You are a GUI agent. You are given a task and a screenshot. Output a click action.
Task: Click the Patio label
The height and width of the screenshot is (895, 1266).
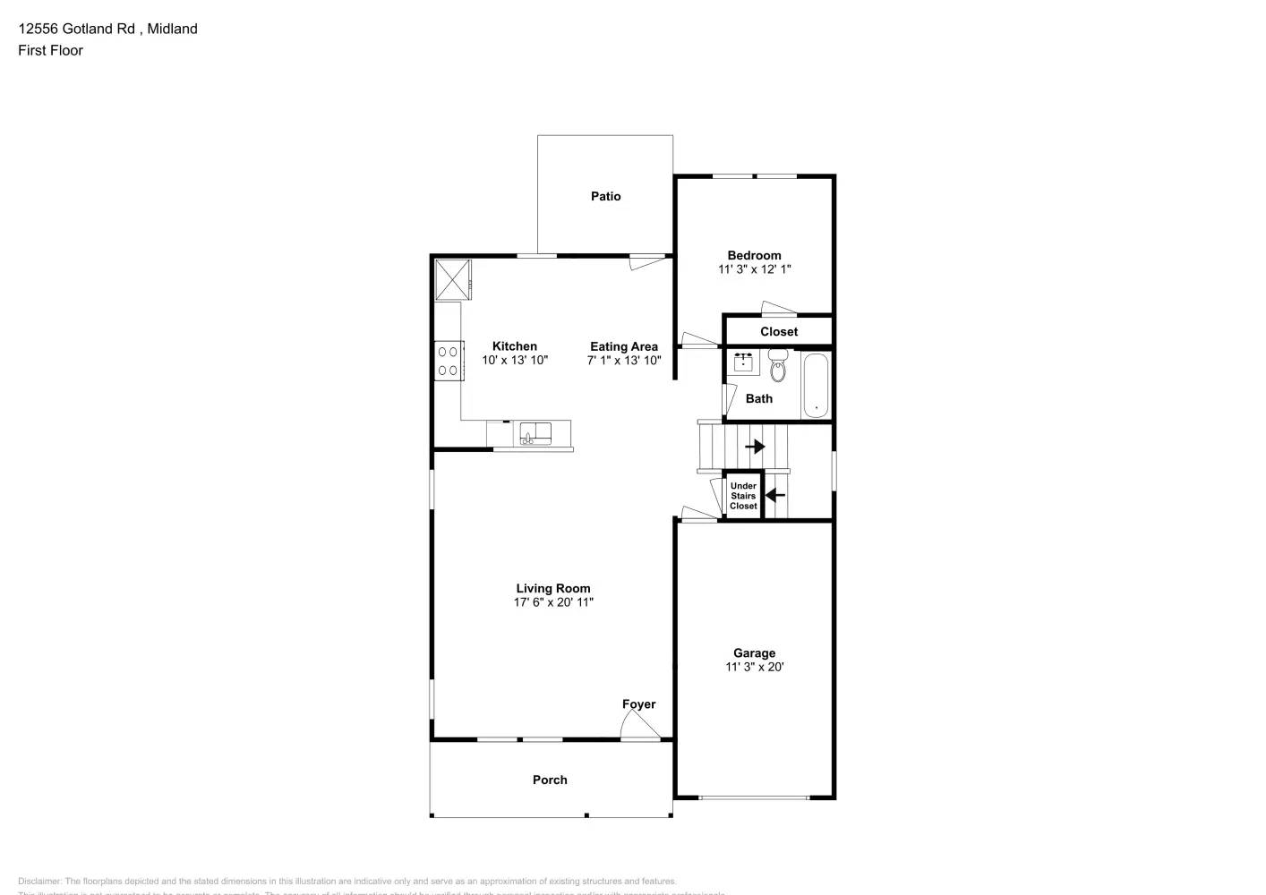tap(605, 196)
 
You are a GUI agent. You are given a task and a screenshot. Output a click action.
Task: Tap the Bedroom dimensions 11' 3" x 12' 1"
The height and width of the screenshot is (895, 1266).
tap(754, 268)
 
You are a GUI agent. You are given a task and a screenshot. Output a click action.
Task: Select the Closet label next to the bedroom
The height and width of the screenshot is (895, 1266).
tap(779, 331)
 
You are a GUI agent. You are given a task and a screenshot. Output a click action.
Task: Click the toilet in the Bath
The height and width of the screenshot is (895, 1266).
tap(777, 368)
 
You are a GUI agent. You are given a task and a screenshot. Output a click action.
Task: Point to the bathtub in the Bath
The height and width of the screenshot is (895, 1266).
tap(816, 386)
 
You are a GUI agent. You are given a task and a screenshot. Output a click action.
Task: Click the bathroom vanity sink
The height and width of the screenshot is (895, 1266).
tap(743, 362)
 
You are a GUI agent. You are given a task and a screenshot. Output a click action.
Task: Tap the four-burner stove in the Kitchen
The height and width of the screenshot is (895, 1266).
tap(448, 361)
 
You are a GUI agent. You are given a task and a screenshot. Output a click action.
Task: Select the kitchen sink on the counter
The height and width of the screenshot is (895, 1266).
tap(536, 433)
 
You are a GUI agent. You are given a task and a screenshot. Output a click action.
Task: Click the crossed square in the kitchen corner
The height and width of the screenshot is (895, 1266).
tap(452, 279)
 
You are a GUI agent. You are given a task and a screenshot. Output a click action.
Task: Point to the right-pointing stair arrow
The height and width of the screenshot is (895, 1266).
tap(756, 446)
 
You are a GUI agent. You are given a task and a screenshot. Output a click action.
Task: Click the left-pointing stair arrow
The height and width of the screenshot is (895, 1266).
tap(775, 494)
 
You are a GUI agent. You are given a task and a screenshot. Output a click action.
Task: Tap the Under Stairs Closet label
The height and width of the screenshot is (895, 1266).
tap(743, 496)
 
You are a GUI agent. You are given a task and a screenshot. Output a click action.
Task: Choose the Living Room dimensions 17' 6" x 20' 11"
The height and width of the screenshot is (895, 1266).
tap(553, 602)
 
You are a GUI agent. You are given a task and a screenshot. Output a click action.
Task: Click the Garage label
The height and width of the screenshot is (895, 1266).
tap(754, 652)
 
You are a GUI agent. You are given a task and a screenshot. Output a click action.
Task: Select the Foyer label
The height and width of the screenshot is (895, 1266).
tap(638, 704)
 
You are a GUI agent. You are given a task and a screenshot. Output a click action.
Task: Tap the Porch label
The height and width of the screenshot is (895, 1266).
tap(550, 780)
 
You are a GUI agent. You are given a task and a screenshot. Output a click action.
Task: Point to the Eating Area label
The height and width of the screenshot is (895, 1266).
tap(624, 346)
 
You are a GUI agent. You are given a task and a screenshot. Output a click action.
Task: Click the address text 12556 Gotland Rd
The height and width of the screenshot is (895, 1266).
tap(77, 29)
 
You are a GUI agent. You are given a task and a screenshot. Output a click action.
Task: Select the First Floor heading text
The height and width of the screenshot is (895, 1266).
tap(50, 50)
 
